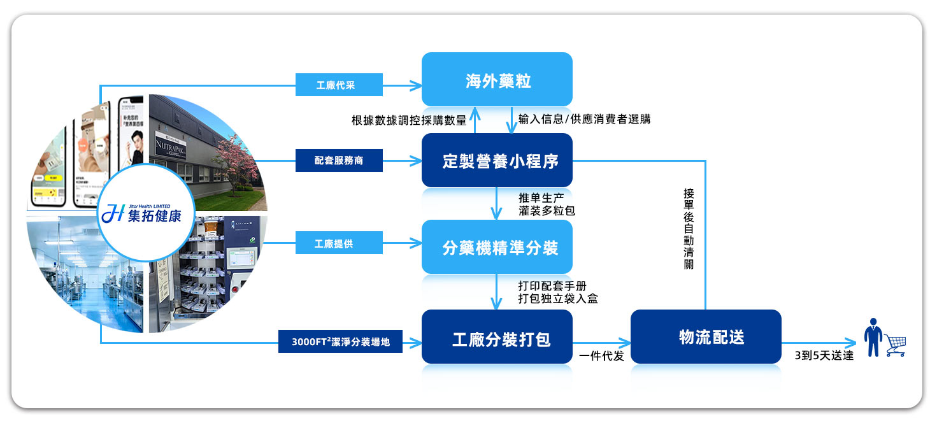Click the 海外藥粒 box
497,80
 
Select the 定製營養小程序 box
497,160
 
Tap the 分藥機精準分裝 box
497,247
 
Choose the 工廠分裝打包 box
497,338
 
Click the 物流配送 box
706,337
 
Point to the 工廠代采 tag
339,85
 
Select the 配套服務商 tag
339,160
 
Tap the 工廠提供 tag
339,243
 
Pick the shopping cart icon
894,345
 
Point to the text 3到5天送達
824,356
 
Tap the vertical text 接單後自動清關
689,229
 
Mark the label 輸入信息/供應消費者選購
584,119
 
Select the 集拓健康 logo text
153,216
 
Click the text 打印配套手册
552,287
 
